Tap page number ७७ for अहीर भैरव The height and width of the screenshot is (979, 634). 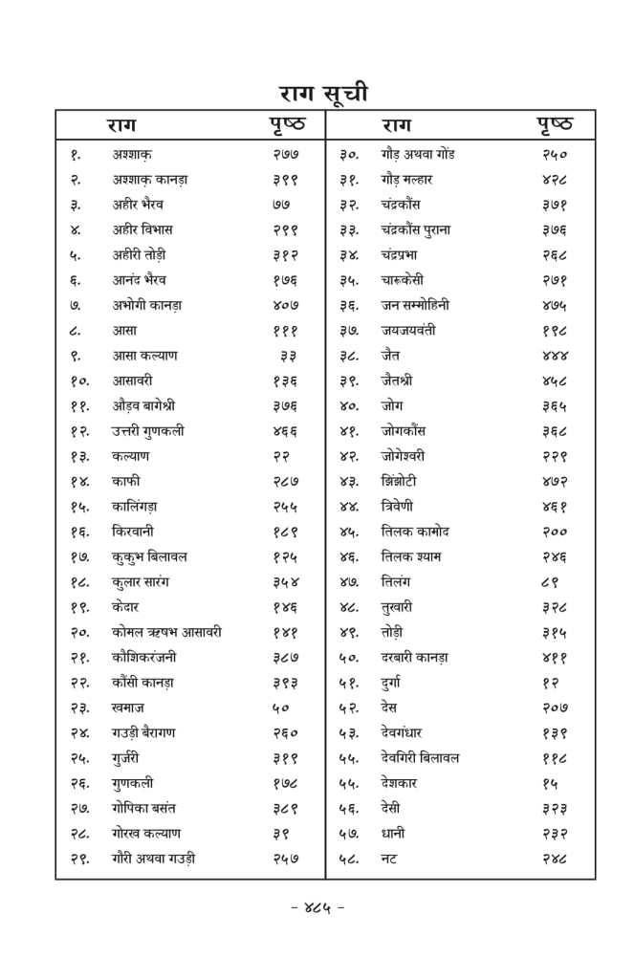(280, 205)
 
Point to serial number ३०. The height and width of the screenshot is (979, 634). (349, 154)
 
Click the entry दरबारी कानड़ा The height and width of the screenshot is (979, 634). (414, 657)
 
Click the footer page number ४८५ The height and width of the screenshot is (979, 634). (317, 908)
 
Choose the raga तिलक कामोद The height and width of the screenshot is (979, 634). (414, 531)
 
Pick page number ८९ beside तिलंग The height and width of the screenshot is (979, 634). (551, 581)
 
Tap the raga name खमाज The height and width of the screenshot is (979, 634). (128, 707)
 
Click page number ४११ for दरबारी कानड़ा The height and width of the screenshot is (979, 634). (555, 657)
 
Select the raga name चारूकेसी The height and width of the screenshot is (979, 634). (408, 280)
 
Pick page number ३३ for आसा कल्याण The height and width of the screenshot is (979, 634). (288, 356)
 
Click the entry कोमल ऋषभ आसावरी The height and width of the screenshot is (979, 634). (166, 632)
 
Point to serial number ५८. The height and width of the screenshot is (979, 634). (349, 859)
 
